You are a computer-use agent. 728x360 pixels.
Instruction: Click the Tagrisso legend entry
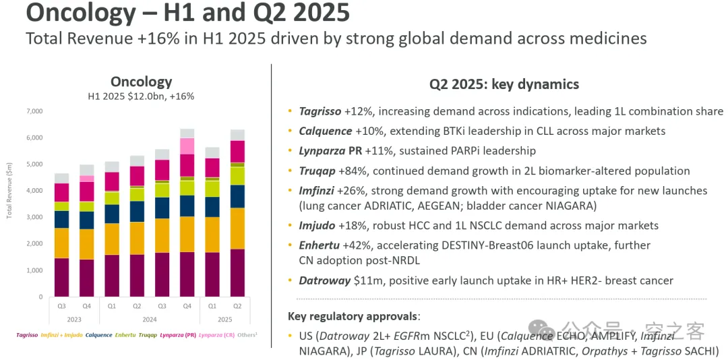click(26, 334)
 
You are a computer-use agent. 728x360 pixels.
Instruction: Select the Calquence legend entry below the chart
click(99, 334)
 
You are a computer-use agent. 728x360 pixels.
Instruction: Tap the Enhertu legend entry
click(125, 334)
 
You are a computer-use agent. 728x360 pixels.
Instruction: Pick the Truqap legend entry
click(148, 334)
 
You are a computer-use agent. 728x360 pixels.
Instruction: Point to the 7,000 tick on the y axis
click(33, 111)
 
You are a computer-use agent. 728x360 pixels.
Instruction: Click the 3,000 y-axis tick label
click(33, 217)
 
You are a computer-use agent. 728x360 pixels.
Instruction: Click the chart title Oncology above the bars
click(141, 82)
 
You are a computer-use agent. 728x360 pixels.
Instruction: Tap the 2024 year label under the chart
click(150, 320)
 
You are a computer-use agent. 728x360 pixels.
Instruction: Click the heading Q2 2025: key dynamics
click(504, 84)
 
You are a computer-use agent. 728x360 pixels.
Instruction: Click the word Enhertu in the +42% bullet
click(320, 245)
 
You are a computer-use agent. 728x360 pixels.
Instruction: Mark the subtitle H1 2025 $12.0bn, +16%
click(141, 96)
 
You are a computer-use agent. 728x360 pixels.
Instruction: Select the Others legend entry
click(247, 334)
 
